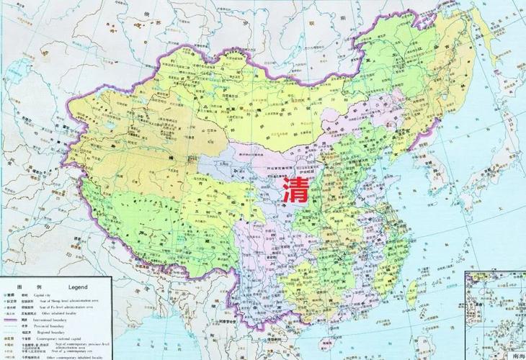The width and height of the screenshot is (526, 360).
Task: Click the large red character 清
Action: click(295, 190)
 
